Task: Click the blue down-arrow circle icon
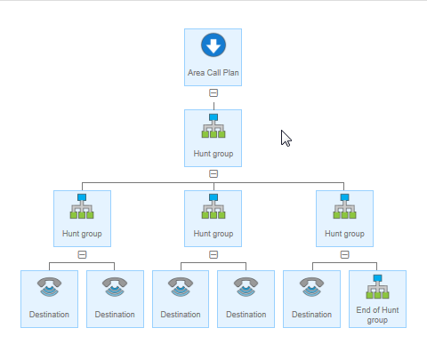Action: pos(213,45)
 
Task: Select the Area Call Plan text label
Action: pos(213,73)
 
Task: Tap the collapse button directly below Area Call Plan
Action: pos(213,93)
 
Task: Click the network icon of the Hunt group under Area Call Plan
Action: pos(213,126)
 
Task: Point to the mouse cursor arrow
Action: pos(286,138)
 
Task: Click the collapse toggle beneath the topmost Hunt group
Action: pos(213,173)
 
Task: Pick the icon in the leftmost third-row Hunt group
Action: pos(82,206)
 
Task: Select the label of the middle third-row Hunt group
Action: pos(213,234)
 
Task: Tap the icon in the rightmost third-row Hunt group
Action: pos(344,206)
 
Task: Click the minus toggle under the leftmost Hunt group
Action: pos(82,254)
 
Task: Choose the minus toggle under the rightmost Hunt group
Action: pos(344,254)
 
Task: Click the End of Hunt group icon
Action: pos(377,287)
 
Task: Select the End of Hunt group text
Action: pos(377,315)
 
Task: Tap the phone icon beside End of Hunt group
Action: pos(311,287)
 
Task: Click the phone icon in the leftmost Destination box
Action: pos(49,287)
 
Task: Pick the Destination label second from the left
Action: pos(115,315)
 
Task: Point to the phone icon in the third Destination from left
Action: pos(181,287)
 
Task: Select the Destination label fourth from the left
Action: pos(246,315)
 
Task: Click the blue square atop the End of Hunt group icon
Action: pos(377,278)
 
